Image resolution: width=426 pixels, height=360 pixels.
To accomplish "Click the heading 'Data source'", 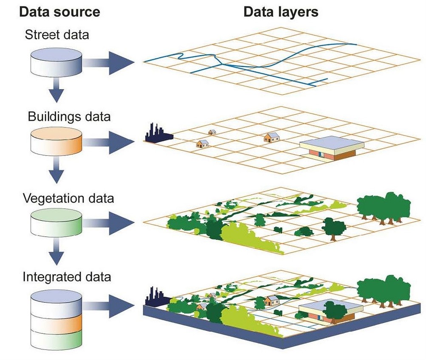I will [59, 11].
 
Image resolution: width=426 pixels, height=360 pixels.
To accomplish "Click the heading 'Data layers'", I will [281, 11].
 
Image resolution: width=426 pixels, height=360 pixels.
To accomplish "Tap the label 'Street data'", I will [57, 34].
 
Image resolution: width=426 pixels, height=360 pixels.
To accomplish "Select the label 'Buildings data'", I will [69, 116].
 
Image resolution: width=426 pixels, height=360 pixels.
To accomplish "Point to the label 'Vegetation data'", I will [68, 198].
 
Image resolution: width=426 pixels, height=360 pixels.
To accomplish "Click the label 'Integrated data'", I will [67, 277].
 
